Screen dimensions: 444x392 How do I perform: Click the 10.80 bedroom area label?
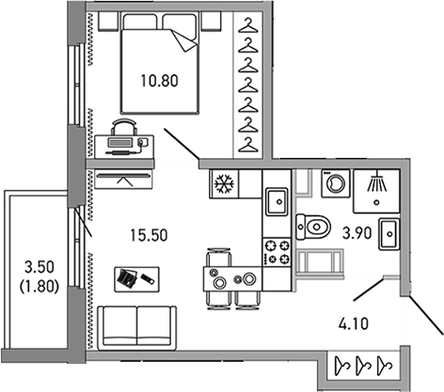point(160,81)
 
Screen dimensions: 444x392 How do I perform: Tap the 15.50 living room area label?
point(149,235)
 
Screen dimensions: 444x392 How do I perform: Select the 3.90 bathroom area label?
point(357,233)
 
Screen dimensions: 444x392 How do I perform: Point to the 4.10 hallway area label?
point(354,323)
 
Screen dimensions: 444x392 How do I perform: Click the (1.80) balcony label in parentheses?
point(40,287)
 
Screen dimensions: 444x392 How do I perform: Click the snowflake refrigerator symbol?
point(224,183)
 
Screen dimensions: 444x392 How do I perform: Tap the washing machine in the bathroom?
point(336,183)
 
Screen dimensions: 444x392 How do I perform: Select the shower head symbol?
point(377,182)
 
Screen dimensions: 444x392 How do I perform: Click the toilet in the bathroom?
point(313,227)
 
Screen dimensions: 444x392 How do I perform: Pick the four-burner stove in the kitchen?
point(277,251)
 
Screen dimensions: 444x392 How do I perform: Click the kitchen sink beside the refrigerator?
point(277,202)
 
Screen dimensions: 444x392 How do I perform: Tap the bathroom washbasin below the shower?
point(389,234)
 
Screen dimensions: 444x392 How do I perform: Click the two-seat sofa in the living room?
point(137,328)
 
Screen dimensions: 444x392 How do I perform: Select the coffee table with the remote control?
point(136,279)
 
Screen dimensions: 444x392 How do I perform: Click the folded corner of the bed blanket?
point(184,40)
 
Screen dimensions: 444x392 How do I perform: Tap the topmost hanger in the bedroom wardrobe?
point(248,25)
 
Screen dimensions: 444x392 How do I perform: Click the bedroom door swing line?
point(182,144)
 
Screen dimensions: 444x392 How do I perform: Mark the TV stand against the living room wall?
point(123,180)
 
